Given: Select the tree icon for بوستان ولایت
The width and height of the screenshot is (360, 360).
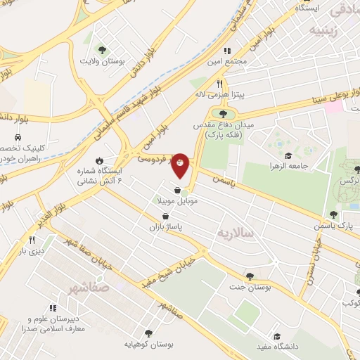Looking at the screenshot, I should pyautogui.click(x=103, y=49).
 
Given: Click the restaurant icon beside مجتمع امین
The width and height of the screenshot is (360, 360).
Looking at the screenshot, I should pyautogui.click(x=226, y=51).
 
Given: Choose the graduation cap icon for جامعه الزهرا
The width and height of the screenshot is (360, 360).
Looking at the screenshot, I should pyautogui.click(x=288, y=155).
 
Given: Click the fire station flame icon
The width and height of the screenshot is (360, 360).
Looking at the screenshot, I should pyautogui.click(x=99, y=160).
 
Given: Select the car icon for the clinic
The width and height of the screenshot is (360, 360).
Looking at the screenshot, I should pyautogui.click(x=15, y=138).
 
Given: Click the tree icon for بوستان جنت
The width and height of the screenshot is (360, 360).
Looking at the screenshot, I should pyautogui.click(x=250, y=276).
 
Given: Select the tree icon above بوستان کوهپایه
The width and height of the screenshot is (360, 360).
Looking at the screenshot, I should pyautogui.click(x=148, y=333).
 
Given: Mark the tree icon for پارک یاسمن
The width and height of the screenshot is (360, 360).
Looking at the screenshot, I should pyautogui.click(x=333, y=214).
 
